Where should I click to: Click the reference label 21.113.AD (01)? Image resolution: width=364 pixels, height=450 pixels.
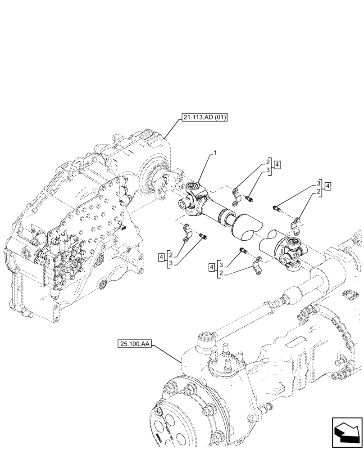[205, 118]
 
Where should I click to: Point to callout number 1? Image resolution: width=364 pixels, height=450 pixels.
[215, 153]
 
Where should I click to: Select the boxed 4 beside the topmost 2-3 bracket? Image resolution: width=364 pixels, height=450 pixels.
[277, 165]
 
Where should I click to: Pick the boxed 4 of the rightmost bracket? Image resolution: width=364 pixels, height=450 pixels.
[328, 185]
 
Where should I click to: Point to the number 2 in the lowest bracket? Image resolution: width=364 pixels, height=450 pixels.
[221, 273]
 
